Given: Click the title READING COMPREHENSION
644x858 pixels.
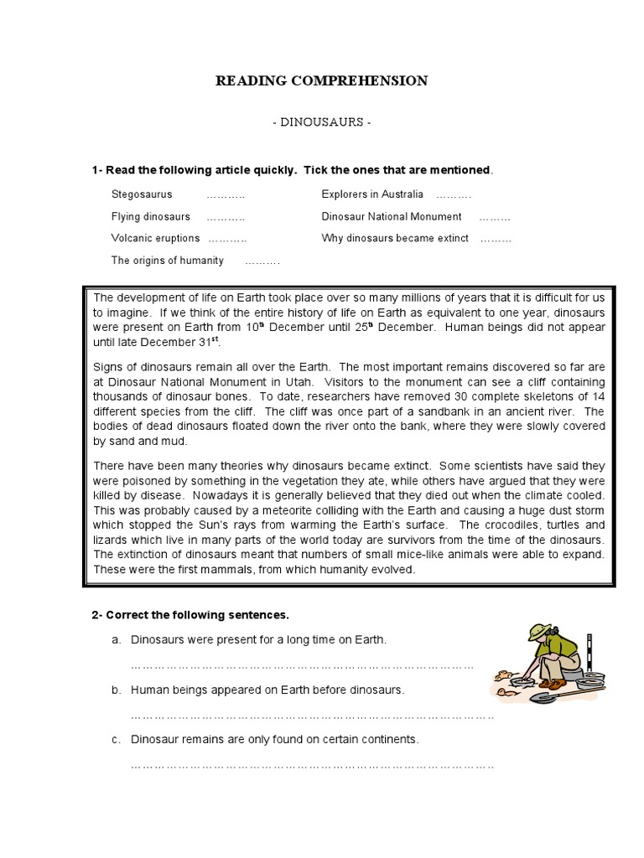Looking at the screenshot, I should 322,81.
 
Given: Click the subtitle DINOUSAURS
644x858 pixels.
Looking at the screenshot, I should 322,122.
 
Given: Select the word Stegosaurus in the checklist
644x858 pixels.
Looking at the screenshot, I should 142,194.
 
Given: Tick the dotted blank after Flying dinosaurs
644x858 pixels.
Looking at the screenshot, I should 226,217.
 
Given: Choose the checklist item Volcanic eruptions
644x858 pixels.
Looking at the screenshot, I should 155,238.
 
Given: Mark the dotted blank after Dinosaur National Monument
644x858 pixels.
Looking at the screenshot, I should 495,217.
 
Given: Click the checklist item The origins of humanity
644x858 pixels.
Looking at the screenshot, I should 168,261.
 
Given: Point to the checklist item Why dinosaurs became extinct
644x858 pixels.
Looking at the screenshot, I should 395,238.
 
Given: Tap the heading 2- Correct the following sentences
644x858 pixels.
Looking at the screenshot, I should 190,615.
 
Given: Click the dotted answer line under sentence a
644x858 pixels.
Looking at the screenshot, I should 303,666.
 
